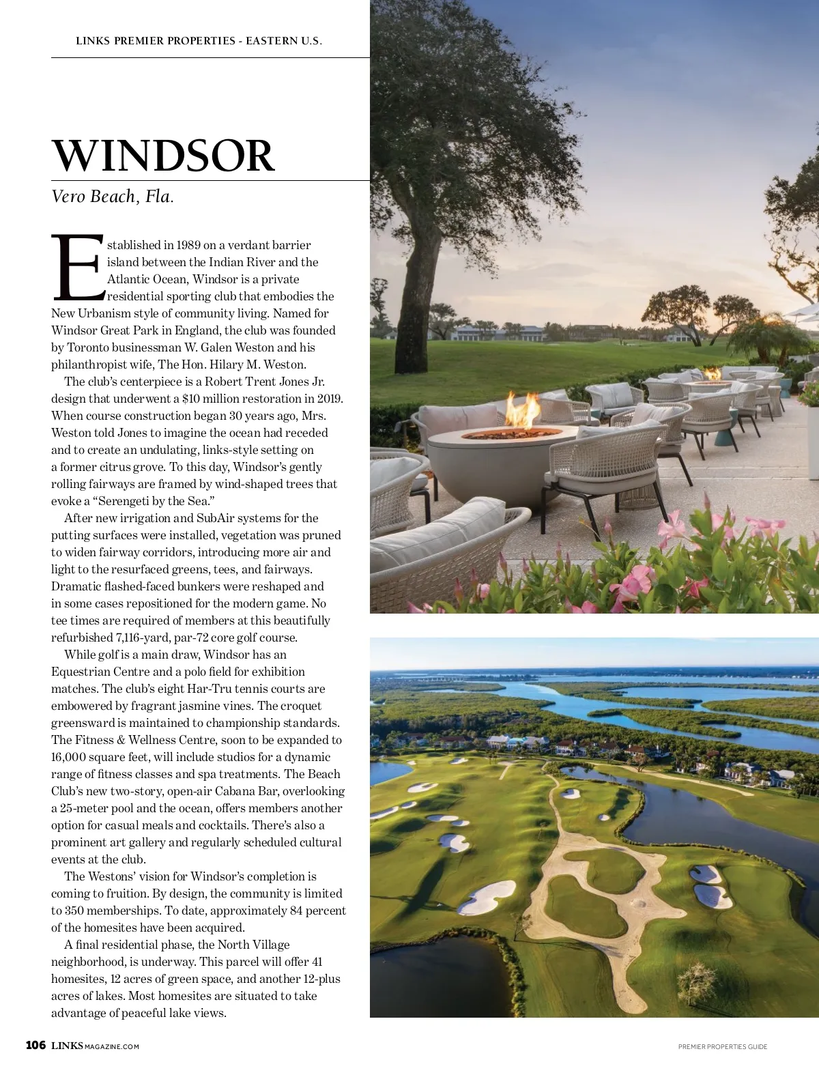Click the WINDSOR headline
(x=164, y=157)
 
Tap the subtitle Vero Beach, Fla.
(x=113, y=197)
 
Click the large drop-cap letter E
(x=77, y=268)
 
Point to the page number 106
(x=35, y=1046)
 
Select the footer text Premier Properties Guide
(x=723, y=1046)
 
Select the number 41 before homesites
(x=317, y=962)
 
